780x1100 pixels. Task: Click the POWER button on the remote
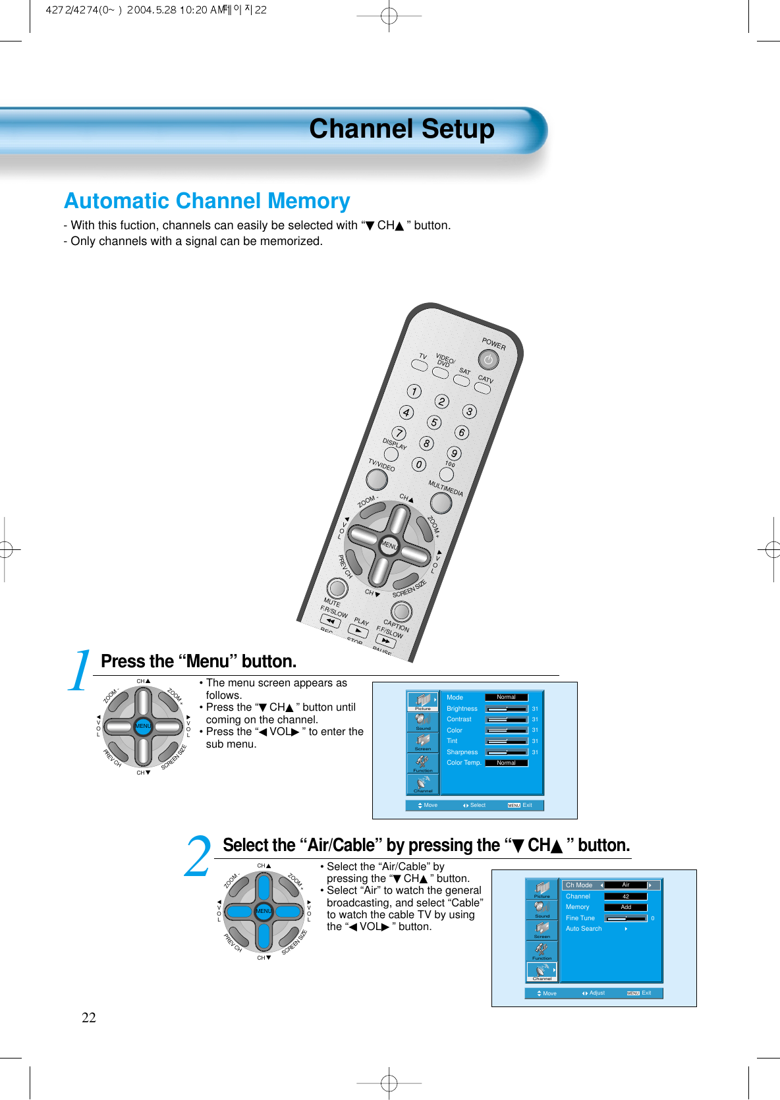pos(488,360)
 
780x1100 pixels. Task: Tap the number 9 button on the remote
pos(454,453)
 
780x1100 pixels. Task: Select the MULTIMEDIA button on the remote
pos(441,503)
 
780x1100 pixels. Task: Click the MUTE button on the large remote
pos(337,588)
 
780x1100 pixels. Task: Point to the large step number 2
pos(197,856)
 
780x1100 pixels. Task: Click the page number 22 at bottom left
pos(89,1018)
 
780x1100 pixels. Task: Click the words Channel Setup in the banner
pos(401,129)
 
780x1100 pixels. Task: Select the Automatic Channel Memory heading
pos(207,201)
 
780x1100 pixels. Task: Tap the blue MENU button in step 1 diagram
pos(143,726)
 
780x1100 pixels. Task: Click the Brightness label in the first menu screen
pos(462,709)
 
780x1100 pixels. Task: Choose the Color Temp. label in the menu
pos(464,763)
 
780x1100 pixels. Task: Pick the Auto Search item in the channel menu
pos(584,929)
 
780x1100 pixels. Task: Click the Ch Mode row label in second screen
pos(579,885)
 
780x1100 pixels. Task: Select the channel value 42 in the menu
pos(626,896)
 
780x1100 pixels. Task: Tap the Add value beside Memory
pos(626,907)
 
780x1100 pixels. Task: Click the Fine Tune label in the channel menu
pos(580,918)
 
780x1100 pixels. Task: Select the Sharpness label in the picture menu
pos(462,752)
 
